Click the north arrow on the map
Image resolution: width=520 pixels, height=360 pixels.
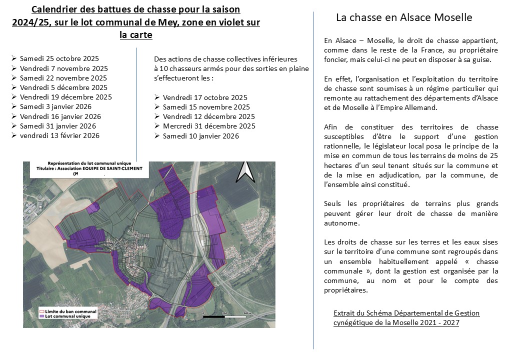coord(245,171)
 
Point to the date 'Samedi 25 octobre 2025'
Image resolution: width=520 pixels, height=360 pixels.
coord(59,59)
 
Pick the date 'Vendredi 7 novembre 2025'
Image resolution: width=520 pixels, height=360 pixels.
coord(63,68)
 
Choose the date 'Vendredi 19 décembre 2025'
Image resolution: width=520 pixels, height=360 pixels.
coord(65,97)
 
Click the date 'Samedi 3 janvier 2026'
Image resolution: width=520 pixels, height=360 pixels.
coord(55,106)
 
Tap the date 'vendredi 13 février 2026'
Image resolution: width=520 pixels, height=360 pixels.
coord(59,135)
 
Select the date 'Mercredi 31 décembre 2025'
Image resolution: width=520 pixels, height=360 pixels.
coord(209,126)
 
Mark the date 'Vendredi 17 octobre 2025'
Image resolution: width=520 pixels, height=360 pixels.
coord(205,97)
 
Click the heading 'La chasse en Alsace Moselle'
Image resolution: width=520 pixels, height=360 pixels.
coord(404,17)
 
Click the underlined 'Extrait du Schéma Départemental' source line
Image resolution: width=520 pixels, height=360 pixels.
coord(406,313)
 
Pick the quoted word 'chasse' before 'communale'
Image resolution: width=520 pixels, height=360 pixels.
coord(487,261)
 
